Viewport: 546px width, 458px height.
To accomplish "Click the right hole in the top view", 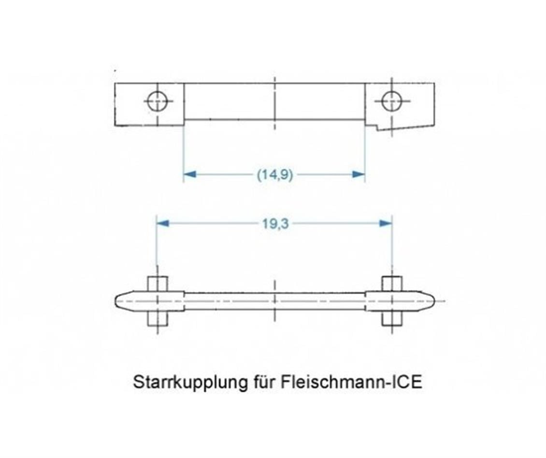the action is pos(391,101).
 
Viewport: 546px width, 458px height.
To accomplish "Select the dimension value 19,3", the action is pos(275,224).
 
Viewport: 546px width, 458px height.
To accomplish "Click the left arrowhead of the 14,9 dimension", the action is pos(190,174).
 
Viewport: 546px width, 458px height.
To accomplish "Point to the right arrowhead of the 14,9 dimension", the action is pos(359,174).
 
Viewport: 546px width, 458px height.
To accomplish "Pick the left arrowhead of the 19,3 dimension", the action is pos(163,223).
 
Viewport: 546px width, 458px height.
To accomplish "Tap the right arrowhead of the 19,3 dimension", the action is pos(386,223).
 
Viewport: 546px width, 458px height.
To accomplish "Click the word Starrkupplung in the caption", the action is pos(190,383).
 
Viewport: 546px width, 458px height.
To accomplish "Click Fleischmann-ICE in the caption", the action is pos(351,382).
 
